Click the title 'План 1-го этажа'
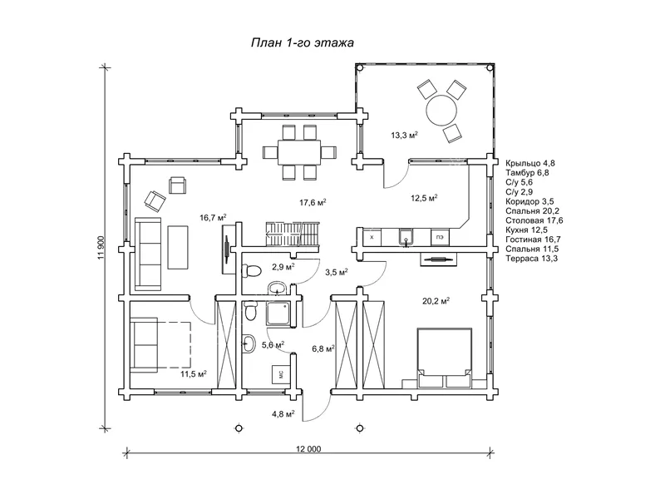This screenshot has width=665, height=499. [x=303, y=43]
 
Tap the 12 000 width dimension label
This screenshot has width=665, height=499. [x=308, y=449]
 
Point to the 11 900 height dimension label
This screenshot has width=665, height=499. [x=101, y=248]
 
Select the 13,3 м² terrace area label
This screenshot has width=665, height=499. [x=404, y=136]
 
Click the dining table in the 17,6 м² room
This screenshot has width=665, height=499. [x=300, y=151]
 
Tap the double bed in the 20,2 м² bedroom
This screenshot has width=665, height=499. [x=445, y=358]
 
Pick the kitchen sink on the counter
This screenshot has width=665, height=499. [x=406, y=238]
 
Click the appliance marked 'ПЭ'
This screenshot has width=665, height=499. [x=440, y=238]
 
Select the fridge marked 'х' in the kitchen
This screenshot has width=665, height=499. [x=372, y=237]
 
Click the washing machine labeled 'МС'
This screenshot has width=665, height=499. [x=280, y=373]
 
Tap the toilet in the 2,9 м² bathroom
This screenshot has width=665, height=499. [x=251, y=271]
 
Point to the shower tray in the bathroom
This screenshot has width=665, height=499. [x=279, y=314]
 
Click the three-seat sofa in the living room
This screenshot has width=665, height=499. [x=148, y=254]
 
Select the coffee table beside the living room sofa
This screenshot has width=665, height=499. [x=178, y=247]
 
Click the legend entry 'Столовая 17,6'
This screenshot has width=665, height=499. [x=534, y=220]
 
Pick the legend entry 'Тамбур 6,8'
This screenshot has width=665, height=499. [x=527, y=173]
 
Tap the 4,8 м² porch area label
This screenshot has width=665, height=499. [x=283, y=413]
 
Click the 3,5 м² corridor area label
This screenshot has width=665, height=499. [x=337, y=272]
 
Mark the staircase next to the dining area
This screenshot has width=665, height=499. [x=293, y=234]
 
